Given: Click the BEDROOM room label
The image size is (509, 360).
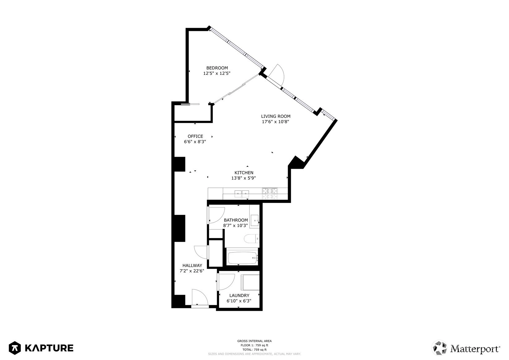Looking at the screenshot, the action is click(x=217, y=68).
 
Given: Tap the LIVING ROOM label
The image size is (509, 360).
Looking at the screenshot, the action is click(x=276, y=116).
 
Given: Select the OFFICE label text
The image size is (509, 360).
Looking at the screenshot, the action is click(x=195, y=136).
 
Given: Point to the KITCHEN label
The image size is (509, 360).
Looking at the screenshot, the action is click(x=244, y=173).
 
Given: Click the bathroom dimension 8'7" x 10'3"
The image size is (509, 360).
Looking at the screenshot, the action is click(x=235, y=225).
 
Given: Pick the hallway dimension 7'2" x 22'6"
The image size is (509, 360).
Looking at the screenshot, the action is click(x=192, y=271).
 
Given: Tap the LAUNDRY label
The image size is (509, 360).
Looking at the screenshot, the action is click(x=239, y=295).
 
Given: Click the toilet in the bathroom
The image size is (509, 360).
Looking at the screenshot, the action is click(x=252, y=239).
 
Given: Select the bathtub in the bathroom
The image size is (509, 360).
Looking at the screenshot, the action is click(x=243, y=258).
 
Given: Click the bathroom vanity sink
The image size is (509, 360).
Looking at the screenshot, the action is click(x=255, y=221).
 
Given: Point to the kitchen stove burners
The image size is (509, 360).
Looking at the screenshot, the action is click(x=270, y=194).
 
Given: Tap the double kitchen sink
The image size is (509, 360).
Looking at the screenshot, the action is click(x=242, y=194).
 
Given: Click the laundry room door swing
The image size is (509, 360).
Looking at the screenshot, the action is click(x=226, y=282).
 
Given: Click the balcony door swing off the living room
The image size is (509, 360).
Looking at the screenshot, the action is click(x=277, y=74).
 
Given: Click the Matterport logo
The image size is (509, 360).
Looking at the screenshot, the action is click(x=466, y=348).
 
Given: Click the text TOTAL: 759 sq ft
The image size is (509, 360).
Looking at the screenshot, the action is click(x=255, y=349).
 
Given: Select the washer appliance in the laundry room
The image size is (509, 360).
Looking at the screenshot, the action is click(x=250, y=282).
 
